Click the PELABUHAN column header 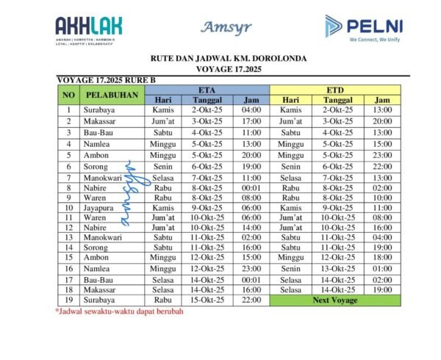[112, 95]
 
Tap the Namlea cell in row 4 [98, 145]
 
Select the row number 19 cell [68, 300]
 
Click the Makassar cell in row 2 [100, 121]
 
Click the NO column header [68, 95]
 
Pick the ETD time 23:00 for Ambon [381, 155]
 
